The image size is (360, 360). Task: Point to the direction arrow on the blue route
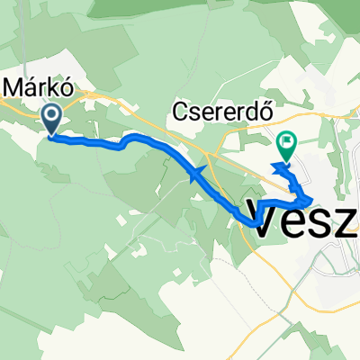pyautogui.click(x=196, y=172)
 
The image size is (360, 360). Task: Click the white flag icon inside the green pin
pyautogui.click(x=287, y=140)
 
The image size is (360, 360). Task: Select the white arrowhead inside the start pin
pyautogui.click(x=52, y=114)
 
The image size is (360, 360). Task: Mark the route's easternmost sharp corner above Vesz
pyautogui.click(x=312, y=199)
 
